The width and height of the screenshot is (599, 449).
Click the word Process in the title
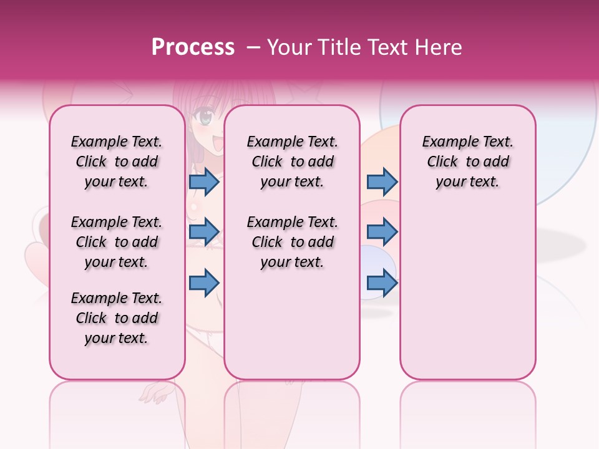(193, 47)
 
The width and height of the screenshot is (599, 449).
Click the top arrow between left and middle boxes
(204, 181)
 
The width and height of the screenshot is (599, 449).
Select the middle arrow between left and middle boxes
(204, 232)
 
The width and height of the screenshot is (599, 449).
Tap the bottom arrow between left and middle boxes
(204, 282)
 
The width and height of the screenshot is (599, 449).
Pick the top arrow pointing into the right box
(382, 181)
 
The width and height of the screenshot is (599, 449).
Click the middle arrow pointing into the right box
(382, 232)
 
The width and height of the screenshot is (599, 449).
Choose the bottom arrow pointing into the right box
(382, 282)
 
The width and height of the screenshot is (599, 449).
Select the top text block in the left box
(117, 162)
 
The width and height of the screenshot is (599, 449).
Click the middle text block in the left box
(117, 242)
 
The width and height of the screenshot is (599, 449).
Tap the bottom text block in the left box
(117, 318)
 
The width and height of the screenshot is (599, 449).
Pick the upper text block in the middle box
(292, 162)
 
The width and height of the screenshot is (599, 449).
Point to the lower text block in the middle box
(292, 242)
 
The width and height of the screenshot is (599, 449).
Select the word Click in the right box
(442, 162)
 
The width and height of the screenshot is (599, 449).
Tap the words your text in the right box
(467, 181)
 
